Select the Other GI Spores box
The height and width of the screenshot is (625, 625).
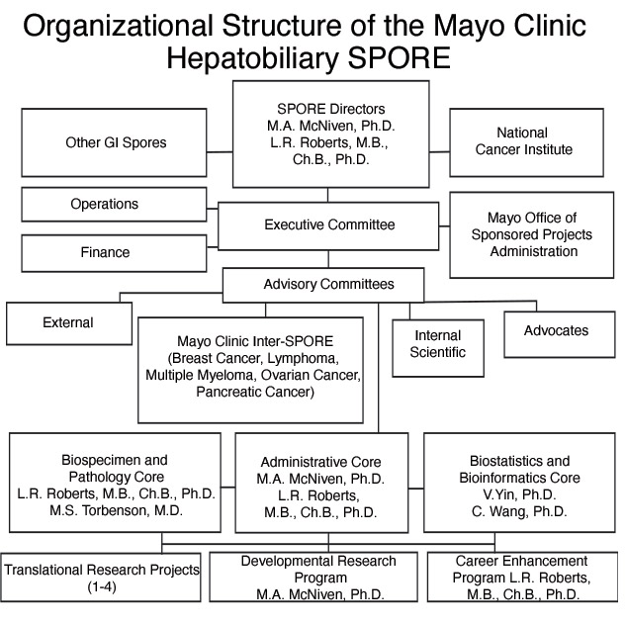tap(116, 142)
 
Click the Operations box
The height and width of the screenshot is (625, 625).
tap(104, 205)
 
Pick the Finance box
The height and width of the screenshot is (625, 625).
tap(105, 252)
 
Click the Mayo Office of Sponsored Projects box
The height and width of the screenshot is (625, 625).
tap(532, 234)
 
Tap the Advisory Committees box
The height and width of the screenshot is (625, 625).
tap(328, 285)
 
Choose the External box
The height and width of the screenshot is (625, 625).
tap(68, 322)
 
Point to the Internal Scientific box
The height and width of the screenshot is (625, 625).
tap(437, 344)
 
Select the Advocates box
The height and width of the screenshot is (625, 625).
tap(555, 330)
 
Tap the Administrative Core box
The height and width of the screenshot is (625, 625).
tap(320, 487)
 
